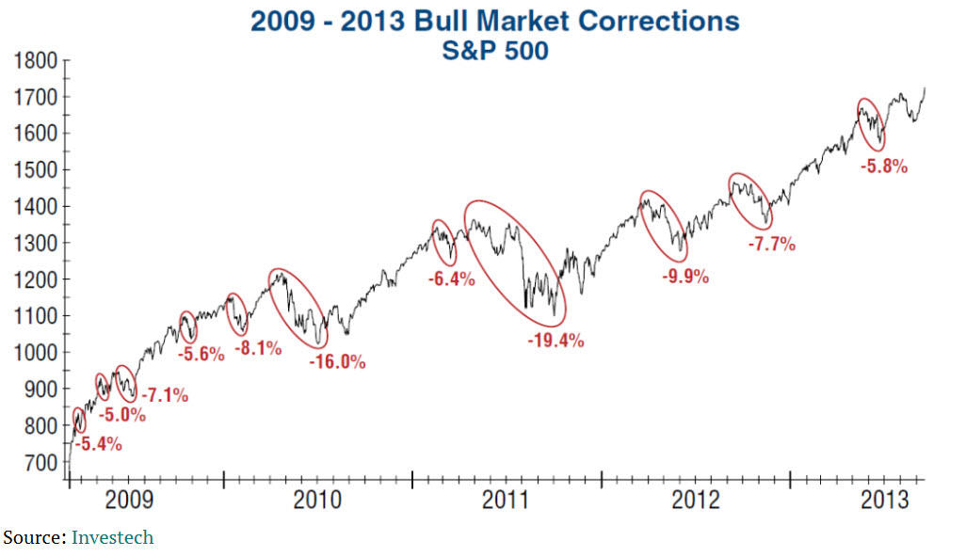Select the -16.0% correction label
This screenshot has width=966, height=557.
pyautogui.click(x=337, y=362)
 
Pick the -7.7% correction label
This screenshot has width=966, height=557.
pyautogui.click(x=770, y=245)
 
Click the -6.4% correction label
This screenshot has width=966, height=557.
pyautogui.click(x=451, y=279)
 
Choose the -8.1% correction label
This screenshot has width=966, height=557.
pyautogui.click(x=257, y=348)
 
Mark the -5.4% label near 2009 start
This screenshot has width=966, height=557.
pyautogui.click(x=97, y=444)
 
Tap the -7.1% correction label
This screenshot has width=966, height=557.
pyautogui.click(x=164, y=395)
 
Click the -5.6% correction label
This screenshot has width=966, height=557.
pyautogui.click(x=201, y=355)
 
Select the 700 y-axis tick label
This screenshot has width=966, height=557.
pyautogui.click(x=41, y=463)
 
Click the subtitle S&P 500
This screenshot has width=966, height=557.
pyautogui.click(x=494, y=51)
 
